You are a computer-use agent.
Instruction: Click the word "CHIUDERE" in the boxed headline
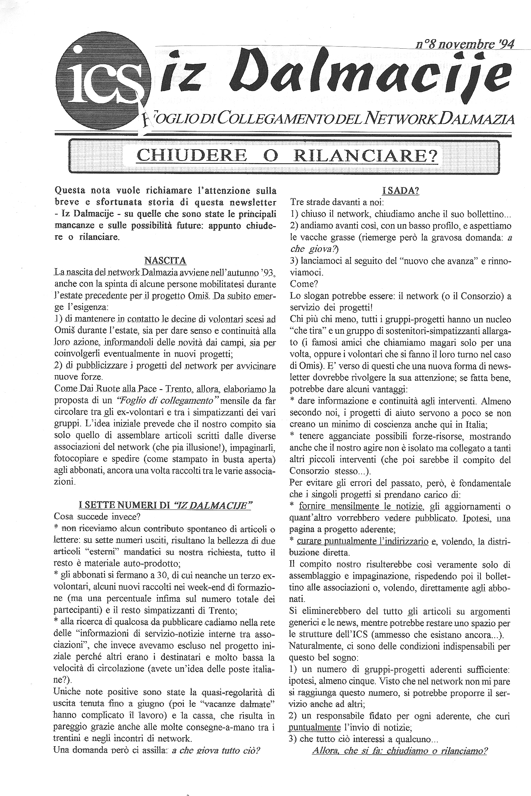192,155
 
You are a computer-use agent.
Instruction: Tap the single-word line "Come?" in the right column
302,284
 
